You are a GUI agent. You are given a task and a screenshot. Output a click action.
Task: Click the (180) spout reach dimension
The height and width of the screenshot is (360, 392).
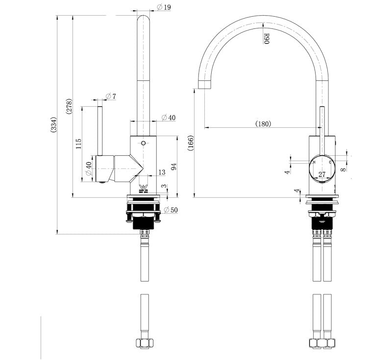tap(263, 124)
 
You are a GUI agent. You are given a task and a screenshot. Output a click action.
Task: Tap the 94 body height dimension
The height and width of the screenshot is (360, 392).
tap(173, 167)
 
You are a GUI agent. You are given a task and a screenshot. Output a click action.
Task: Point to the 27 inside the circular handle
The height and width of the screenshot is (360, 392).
tap(322, 174)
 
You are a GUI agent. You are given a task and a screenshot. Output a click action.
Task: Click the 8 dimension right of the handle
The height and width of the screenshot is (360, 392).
tap(343, 168)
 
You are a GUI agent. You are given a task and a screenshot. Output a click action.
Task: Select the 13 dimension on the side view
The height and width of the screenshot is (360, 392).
tap(162, 172)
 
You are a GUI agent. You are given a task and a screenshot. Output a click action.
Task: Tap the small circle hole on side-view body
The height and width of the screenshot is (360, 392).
tap(143, 144)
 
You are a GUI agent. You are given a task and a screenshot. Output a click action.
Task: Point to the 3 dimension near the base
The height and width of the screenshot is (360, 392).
tap(165, 188)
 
